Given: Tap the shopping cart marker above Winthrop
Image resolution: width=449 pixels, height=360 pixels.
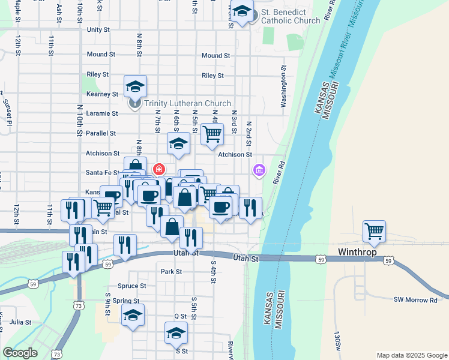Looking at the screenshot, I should point(374,231).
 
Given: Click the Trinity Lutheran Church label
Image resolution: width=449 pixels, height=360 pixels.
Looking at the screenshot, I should point(187,103).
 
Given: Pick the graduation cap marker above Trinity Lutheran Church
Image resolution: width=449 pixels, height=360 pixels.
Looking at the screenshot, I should point(136,87).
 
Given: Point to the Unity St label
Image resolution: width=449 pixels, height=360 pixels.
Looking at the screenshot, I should point(98,29).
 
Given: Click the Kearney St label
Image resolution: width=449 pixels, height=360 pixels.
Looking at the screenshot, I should point(102,94).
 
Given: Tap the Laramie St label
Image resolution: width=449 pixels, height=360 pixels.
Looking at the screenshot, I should point(102,113).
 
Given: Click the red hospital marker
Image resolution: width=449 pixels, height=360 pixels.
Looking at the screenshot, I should point(159,169).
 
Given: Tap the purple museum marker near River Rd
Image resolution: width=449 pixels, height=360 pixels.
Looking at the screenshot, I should point(259,170).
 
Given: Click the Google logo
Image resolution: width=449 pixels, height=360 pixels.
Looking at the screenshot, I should point(20,353).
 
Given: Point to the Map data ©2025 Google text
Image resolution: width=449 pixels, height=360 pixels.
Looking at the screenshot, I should point(411,355).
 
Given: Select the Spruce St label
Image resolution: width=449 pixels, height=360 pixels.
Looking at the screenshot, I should point(133,286).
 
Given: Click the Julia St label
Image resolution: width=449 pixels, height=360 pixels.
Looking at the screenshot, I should point(20,322).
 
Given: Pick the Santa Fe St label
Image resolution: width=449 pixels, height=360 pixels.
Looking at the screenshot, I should point(102,173).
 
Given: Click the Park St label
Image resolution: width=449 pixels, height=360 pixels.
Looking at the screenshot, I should point(171,272).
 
